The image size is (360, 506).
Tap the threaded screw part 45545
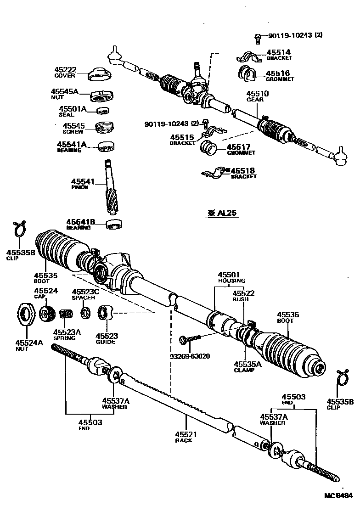104,126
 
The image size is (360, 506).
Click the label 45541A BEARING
71,146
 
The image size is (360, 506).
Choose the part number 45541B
80,222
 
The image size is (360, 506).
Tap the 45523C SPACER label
83,294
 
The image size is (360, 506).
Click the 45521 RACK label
183,437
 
